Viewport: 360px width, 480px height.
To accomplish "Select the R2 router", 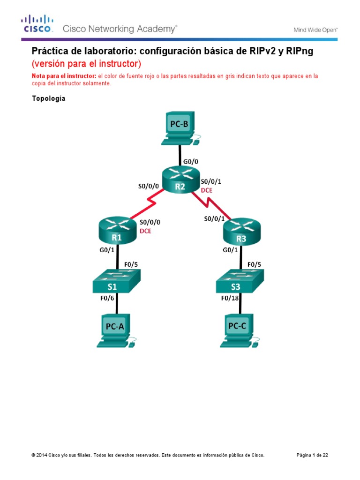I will coord(180,181).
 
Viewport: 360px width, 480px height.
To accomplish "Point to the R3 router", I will coord(240,232).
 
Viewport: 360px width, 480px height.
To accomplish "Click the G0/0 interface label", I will coord(191,161).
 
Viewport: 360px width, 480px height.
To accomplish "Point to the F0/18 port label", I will coord(230,298).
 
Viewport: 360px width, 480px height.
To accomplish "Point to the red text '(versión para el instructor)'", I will coord(86,63).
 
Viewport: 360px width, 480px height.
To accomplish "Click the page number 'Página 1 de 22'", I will coord(315,455).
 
